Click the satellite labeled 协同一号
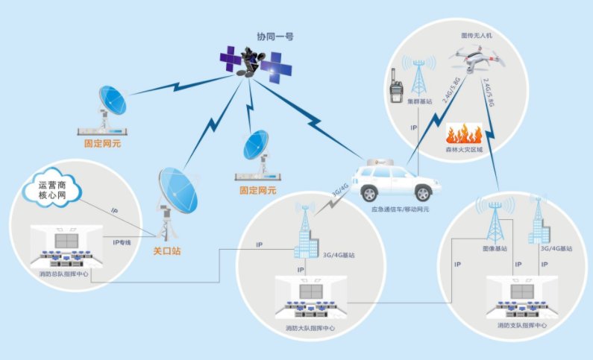pos(256,63)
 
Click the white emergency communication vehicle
pos(395,181)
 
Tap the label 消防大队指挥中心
pos(310,328)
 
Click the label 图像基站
pos(495,248)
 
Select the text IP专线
pos(122,243)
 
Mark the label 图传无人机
pos(477,35)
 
